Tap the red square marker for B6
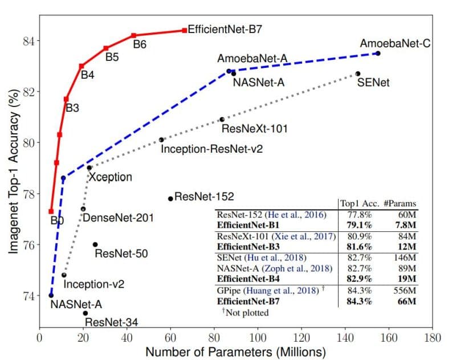point(133,35)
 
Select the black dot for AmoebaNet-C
point(378,53)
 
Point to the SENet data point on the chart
point(357,73)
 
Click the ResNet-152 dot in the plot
point(170,198)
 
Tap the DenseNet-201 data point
point(83,209)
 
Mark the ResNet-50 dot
point(95,244)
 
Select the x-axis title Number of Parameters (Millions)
point(235,351)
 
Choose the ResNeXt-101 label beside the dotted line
point(254,128)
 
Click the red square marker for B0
point(51,211)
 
